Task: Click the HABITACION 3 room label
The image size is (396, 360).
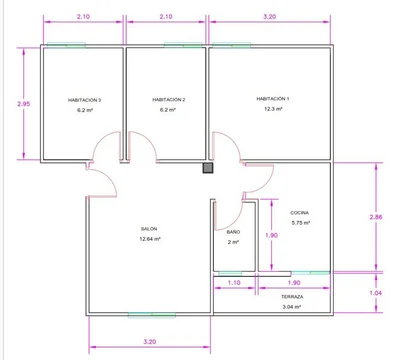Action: (x=85, y=100)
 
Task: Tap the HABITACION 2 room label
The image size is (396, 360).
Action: (x=169, y=100)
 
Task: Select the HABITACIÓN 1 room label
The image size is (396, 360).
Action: (x=273, y=99)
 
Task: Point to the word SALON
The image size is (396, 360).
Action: (x=149, y=229)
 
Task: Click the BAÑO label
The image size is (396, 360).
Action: (x=233, y=232)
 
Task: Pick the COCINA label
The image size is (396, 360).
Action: (x=299, y=213)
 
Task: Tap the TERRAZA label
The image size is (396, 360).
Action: (x=292, y=297)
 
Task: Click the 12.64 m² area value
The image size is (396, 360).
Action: (x=150, y=239)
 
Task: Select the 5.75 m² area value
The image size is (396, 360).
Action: (x=301, y=223)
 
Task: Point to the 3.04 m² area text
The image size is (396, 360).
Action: (x=292, y=307)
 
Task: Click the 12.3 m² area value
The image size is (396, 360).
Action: (x=273, y=109)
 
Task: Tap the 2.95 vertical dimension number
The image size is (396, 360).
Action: (x=24, y=104)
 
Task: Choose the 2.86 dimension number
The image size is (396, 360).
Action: (x=376, y=217)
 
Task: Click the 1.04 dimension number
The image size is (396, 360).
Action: (x=376, y=293)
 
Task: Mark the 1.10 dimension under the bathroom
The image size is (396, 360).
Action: (x=234, y=283)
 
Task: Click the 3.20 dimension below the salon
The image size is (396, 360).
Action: (x=150, y=341)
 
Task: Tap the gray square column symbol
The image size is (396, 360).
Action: (x=208, y=168)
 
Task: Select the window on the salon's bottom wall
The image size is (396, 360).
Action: (x=152, y=315)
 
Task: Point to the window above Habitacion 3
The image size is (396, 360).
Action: (x=66, y=45)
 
